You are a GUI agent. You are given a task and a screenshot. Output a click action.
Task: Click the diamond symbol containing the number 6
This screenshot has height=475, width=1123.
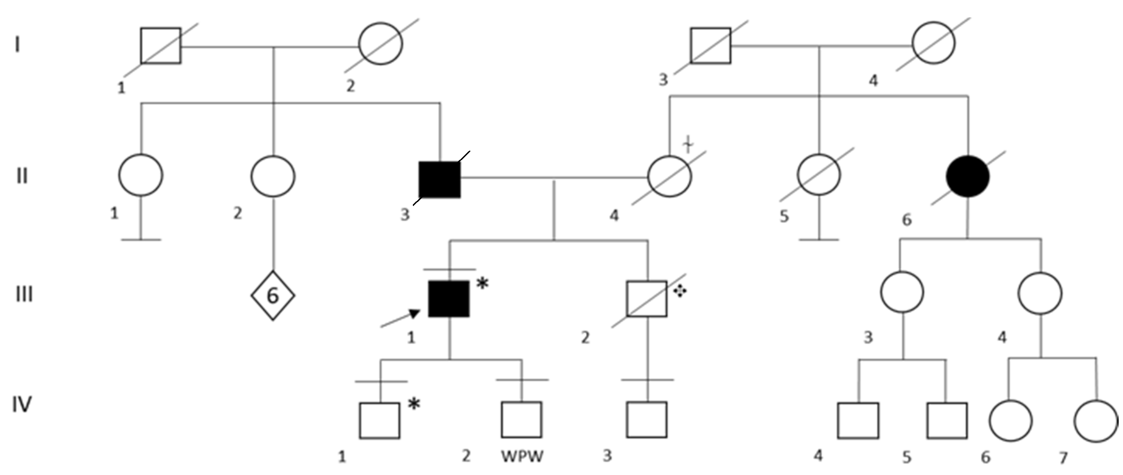272,295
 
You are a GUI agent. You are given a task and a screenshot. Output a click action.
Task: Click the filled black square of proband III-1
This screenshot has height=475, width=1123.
449,299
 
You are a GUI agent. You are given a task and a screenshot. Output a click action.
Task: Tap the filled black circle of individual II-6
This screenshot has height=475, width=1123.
968,176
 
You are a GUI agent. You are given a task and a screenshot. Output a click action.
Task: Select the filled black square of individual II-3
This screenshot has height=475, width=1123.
439,180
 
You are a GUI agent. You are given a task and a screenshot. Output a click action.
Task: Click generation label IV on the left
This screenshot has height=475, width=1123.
21,404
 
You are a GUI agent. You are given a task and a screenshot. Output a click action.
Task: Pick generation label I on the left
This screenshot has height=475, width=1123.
17,44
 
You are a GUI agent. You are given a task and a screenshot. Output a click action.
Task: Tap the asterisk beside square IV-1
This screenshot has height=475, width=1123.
414,404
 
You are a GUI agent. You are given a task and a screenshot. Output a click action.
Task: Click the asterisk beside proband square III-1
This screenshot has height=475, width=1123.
482,284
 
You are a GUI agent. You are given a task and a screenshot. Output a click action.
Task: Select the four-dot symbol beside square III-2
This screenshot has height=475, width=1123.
679,292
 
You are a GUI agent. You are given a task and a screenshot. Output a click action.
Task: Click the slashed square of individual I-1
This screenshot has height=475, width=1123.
161,46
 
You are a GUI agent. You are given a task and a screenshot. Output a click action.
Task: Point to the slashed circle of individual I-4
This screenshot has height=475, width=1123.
934,43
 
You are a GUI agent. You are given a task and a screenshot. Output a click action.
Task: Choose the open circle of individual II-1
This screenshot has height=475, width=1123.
141,175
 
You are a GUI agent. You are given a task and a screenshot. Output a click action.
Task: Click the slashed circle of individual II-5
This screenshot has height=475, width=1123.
818,175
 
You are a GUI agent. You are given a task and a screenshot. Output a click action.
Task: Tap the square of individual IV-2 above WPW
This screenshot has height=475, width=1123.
521,420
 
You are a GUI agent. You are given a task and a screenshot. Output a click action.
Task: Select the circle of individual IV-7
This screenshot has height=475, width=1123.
1095,421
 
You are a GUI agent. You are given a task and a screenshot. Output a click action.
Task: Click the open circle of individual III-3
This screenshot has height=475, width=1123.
902,292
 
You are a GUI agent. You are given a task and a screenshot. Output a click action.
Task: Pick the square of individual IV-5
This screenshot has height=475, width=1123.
947,421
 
